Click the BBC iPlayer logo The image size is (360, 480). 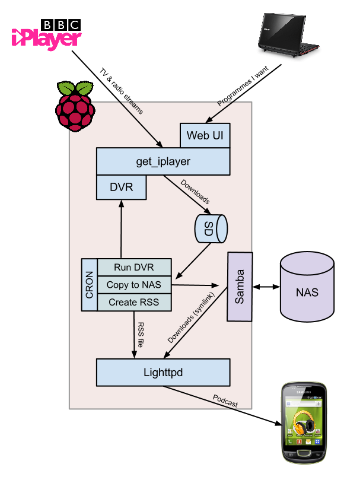[x=46, y=34]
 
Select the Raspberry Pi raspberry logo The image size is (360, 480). [x=75, y=106]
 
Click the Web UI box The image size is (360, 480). [x=205, y=135]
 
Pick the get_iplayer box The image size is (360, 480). [x=163, y=161]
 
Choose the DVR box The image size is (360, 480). [x=121, y=187]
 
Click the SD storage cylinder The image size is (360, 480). [x=211, y=228]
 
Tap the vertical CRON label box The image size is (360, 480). [x=90, y=285]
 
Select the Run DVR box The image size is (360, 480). [x=134, y=267]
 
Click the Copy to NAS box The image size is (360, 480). [x=134, y=285]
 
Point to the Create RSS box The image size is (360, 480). [x=134, y=303]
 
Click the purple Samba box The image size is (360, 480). [x=240, y=287]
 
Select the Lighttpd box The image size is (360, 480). [x=163, y=373]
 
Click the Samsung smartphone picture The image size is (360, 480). [x=304, y=423]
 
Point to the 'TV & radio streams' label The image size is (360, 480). [x=121, y=91]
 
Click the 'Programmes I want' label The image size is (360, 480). [x=243, y=85]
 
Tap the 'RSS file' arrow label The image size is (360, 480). [x=141, y=335]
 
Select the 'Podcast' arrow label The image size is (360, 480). [x=225, y=401]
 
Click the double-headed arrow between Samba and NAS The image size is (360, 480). [x=266, y=287]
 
